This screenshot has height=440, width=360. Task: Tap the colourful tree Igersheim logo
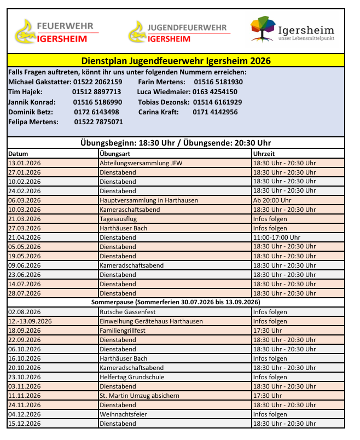pyautogui.click(x=292, y=30)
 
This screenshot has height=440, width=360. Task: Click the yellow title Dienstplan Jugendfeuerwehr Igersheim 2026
pyautogui.click(x=176, y=61)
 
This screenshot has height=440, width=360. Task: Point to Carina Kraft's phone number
pyautogui.click(x=215, y=112)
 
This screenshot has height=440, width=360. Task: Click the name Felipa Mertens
pyautogui.click(x=33, y=122)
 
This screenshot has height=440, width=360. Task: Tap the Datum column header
pyautogui.click(x=18, y=154)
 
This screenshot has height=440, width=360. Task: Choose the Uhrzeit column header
pyautogui.click(x=264, y=154)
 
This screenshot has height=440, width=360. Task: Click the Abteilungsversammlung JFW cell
pyautogui.click(x=141, y=163)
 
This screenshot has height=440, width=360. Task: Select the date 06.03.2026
pyautogui.click(x=25, y=200)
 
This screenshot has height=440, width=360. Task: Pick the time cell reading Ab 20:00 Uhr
pyautogui.click(x=272, y=200)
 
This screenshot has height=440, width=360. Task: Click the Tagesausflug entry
pyautogui.click(x=118, y=219)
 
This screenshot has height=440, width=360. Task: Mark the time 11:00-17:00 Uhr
pyautogui.click(x=276, y=238)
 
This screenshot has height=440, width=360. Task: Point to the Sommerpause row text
pyautogui.click(x=176, y=302)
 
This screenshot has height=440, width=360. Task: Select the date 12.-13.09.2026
pyautogui.click(x=30, y=321)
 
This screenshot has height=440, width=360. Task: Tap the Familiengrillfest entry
pyautogui.click(x=124, y=331)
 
